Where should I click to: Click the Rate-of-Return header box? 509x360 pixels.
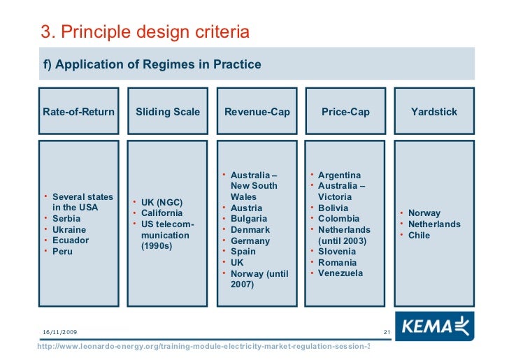78,112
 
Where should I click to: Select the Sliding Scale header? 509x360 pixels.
168,112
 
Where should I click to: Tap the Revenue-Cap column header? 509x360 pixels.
257,112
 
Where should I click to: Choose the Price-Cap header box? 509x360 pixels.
345,112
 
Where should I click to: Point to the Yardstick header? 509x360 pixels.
434,112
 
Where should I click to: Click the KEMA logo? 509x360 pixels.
434,325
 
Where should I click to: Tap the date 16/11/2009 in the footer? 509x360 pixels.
60,331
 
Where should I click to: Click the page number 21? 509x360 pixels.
386,331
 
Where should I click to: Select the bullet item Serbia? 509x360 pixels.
66,219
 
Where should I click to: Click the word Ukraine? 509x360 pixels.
69,230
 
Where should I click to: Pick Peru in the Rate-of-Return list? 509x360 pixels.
63,252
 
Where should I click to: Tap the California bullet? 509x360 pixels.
162,213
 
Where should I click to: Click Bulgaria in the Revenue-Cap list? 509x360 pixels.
250,219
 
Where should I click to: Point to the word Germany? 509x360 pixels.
250,241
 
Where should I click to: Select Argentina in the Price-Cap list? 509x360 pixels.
339,175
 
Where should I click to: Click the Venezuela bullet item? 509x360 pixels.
340,273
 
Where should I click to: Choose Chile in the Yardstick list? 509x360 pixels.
419,236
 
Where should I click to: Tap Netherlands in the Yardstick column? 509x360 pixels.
434,224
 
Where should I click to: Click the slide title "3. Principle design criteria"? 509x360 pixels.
145,32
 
